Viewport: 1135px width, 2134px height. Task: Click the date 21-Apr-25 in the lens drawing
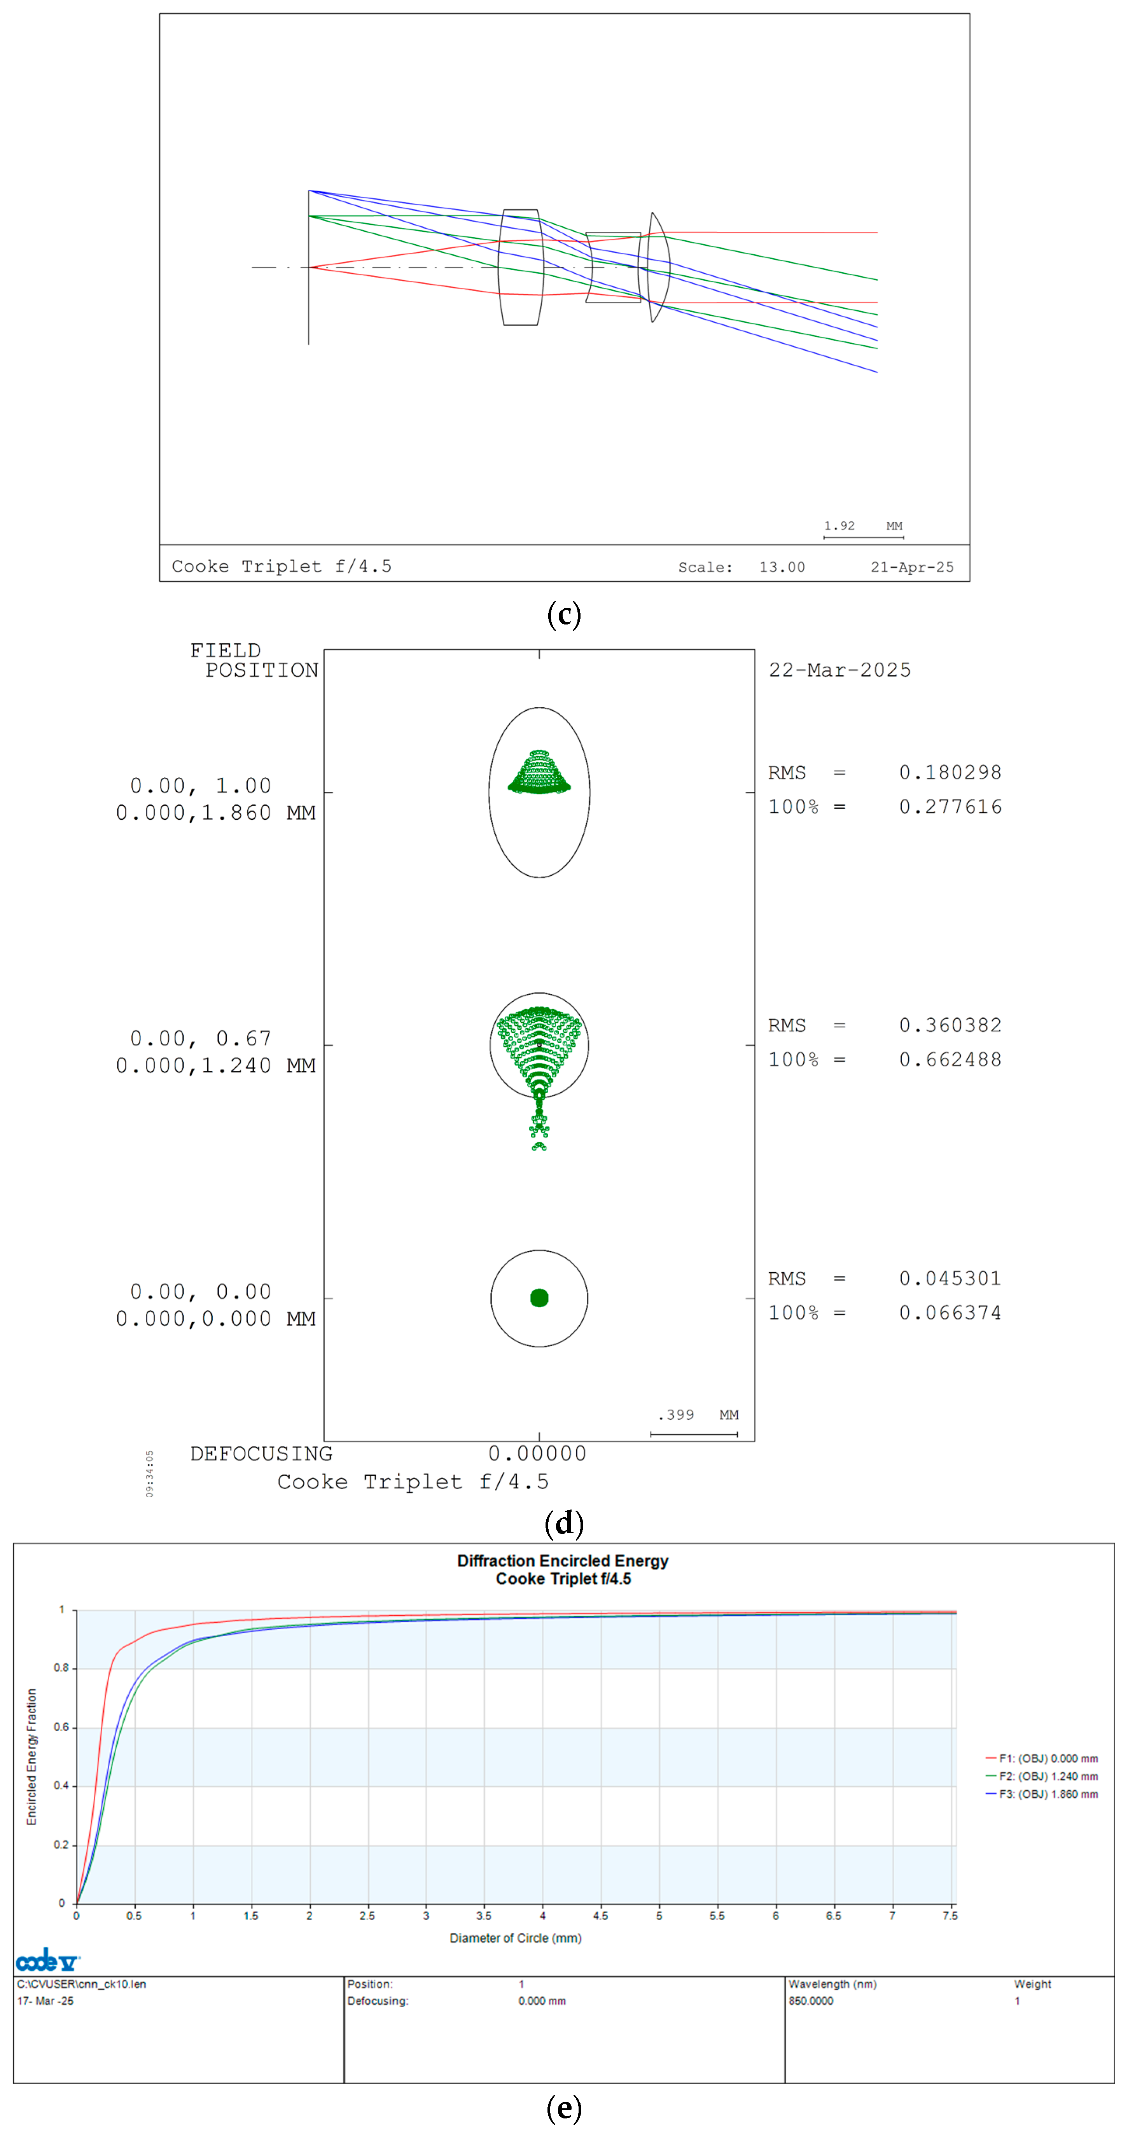tap(911, 567)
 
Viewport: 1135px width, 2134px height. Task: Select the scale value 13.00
tap(781, 567)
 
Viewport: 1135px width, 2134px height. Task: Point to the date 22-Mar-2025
tap(839, 670)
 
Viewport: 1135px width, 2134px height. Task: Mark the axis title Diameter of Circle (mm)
tap(515, 1938)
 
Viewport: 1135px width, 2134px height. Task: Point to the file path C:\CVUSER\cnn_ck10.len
tap(81, 1984)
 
